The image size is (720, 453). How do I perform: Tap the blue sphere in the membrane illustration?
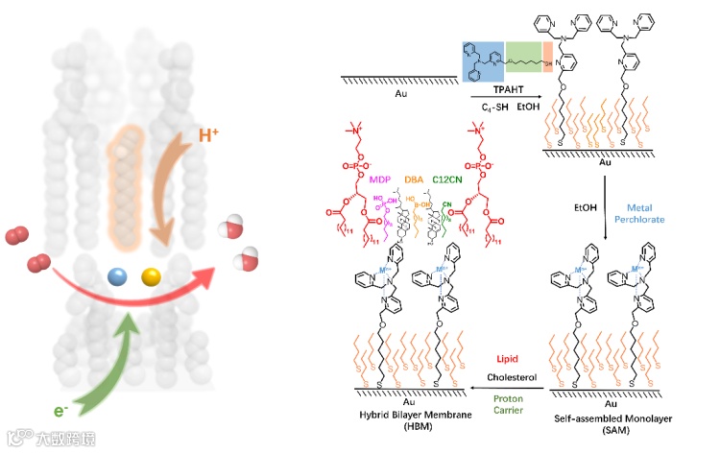(x=118, y=276)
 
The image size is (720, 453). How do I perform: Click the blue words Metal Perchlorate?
(x=641, y=216)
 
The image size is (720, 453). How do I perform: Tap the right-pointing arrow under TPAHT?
(x=505, y=97)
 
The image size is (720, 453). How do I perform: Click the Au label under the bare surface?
(x=399, y=93)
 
